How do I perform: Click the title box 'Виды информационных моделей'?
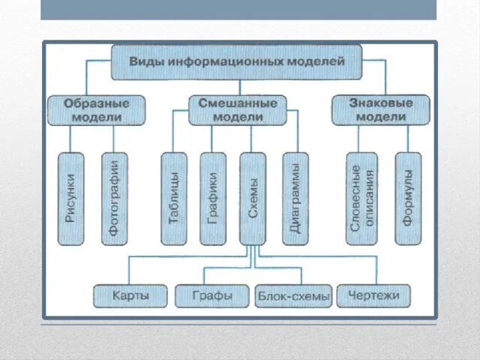pos(237,62)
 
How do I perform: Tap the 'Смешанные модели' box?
pos(237,110)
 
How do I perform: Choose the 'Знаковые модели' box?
pos(381,110)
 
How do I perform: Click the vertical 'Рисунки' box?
pos(70,198)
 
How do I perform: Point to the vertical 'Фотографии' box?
pos(114,198)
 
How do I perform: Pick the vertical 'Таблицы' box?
pos(174,198)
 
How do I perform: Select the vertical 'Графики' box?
pos(213,198)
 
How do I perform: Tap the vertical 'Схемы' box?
pos(253,198)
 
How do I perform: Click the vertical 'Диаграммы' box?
pos(295,198)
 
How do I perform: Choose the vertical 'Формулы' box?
pos(408,198)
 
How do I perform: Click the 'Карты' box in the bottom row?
pos(130,295)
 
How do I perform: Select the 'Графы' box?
pos(213,295)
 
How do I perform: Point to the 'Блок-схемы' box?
pos(293,296)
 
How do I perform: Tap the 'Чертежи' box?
pos(373,295)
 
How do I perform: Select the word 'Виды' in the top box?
pos(147,62)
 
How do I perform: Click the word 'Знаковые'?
pos(381,103)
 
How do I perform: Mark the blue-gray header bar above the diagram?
pos(238,10)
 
